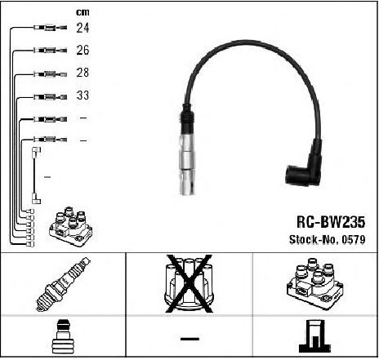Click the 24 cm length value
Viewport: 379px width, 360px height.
coord(82,28)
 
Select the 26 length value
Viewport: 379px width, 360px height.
coord(82,50)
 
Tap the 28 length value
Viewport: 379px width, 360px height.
coord(82,73)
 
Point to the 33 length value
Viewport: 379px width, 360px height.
coord(82,96)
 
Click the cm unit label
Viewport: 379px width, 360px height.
coord(82,12)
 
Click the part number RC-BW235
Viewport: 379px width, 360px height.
coord(331,222)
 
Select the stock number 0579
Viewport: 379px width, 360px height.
coord(354,240)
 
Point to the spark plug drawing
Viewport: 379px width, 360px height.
coord(63,284)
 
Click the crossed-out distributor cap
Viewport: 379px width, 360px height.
coord(189,283)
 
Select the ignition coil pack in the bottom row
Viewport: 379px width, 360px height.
coord(315,283)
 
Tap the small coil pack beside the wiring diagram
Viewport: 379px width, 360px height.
coord(71,227)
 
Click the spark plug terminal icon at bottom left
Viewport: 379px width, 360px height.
coord(63,337)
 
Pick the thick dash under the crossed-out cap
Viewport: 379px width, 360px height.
coord(189,339)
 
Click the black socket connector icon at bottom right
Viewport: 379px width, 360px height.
coord(314,336)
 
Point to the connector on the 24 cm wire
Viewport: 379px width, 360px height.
coord(50,28)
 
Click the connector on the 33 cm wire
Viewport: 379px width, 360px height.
coord(50,96)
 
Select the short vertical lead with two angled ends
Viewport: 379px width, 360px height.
coord(36,176)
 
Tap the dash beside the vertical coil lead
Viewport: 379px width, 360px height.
coord(47,177)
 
